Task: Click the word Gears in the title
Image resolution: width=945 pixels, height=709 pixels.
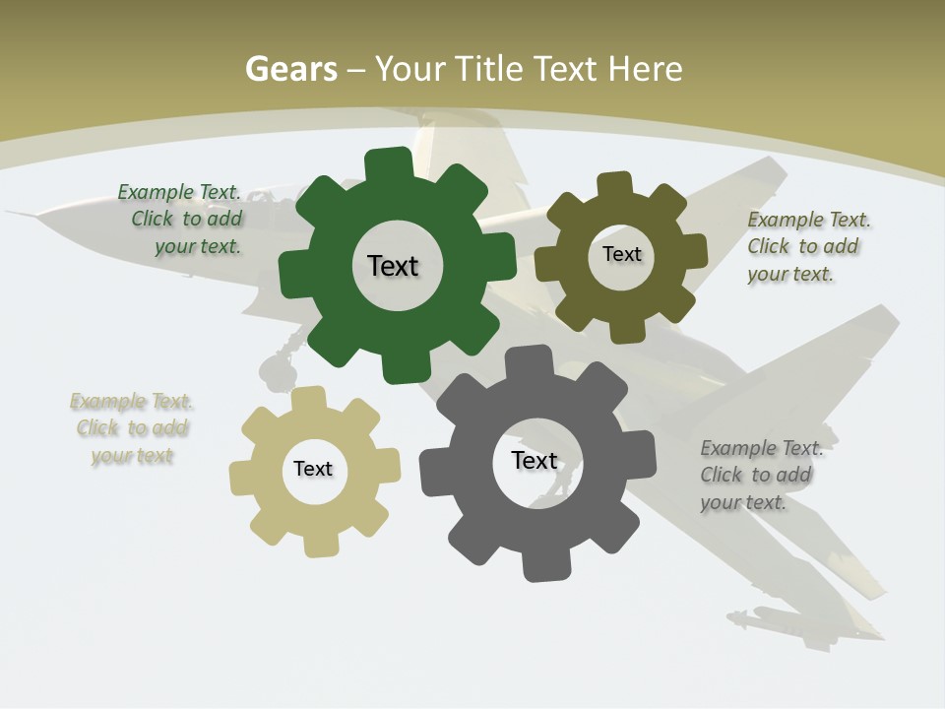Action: [291, 70]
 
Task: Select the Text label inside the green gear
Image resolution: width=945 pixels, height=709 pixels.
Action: [393, 266]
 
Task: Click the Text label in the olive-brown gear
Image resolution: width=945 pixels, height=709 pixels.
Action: [622, 254]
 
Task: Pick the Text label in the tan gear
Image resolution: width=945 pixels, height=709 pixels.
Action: [313, 470]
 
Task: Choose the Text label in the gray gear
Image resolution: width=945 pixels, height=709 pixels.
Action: [535, 461]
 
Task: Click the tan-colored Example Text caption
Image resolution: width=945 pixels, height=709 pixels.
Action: [132, 428]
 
